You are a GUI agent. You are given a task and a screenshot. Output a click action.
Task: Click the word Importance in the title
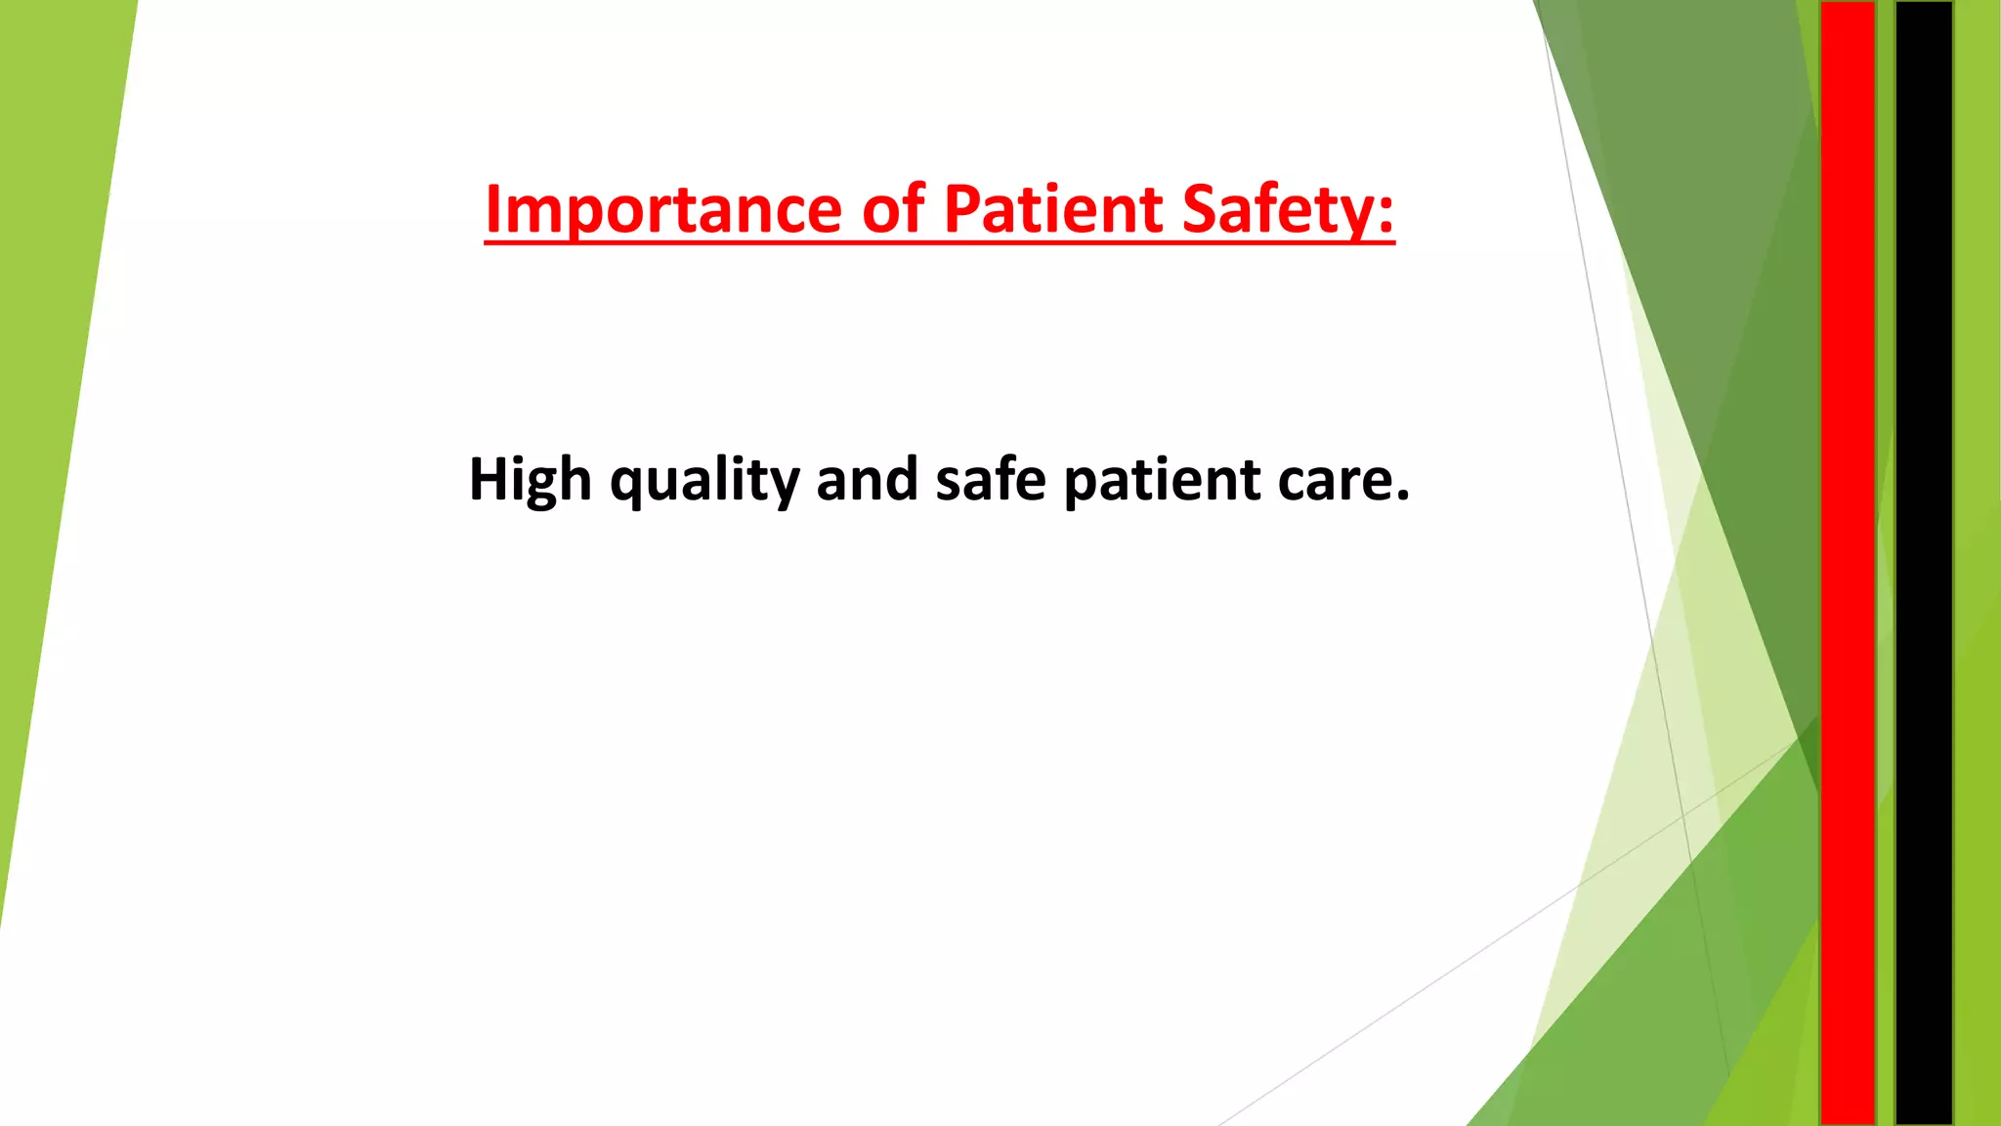tap(663, 209)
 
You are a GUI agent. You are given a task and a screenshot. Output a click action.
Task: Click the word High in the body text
tap(530, 480)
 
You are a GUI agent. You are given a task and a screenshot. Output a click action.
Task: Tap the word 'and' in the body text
tap(867, 479)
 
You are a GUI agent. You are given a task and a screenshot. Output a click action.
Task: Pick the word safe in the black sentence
tap(991, 479)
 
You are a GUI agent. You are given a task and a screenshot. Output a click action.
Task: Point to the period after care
tap(1402, 498)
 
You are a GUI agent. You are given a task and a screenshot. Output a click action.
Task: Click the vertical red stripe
tap(1847, 563)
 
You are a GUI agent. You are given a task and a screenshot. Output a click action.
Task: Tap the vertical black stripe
tap(1924, 563)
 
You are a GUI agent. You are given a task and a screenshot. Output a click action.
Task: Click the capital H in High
tap(488, 479)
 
